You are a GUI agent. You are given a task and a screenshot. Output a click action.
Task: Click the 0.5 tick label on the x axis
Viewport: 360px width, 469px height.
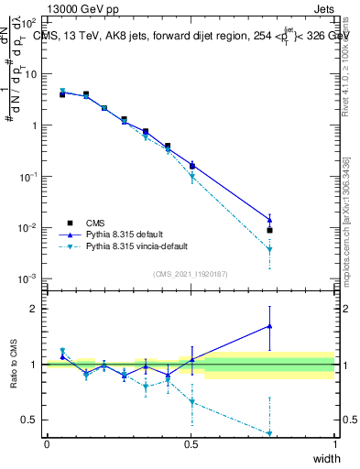(191, 444)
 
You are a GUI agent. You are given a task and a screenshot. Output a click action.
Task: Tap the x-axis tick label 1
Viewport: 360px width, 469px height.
(334, 444)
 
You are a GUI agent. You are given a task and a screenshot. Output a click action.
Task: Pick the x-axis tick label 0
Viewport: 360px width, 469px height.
(47, 444)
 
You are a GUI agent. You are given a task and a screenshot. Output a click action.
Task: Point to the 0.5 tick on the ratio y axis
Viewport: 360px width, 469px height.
(30, 420)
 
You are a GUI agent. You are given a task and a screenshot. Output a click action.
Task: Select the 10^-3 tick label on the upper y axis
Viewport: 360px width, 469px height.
(29, 278)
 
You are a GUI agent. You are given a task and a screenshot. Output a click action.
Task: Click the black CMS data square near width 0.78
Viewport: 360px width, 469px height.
(270, 230)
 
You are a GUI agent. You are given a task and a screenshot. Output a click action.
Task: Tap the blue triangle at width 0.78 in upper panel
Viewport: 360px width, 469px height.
(270, 219)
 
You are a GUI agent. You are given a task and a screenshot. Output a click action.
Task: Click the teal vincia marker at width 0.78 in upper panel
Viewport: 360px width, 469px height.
(270, 250)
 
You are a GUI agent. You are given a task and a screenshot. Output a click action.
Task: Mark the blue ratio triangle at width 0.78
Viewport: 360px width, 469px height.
(270, 325)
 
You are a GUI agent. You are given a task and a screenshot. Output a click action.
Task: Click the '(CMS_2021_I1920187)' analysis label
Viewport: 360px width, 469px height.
(190, 274)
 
